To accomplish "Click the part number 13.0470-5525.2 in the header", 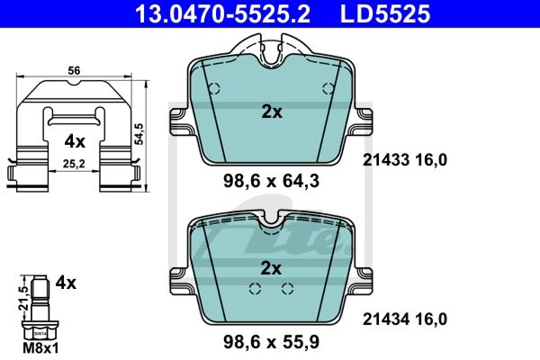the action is (223, 14).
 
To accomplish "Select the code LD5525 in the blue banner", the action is (385, 14).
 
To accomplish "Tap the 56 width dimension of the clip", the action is (74, 70).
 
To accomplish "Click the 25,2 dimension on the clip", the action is (74, 164).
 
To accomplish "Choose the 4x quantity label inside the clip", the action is (75, 141).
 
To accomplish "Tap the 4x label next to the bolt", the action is (66, 283).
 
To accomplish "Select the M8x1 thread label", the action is (40, 348).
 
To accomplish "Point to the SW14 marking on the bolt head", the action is (40, 334).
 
